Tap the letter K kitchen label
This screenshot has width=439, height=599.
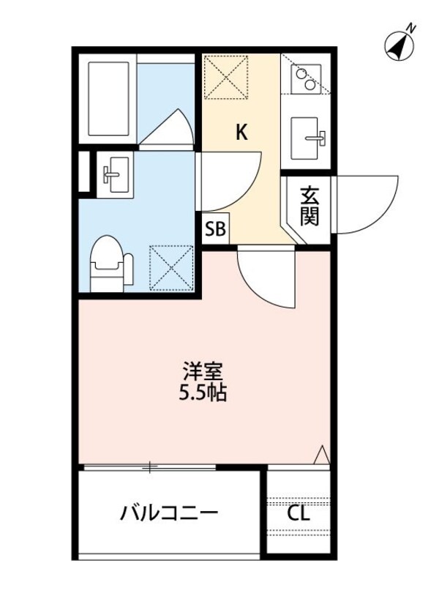[x=241, y=133]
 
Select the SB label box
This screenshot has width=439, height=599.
[x=215, y=229]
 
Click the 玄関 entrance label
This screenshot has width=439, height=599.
[x=309, y=207]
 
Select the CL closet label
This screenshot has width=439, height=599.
[x=298, y=513]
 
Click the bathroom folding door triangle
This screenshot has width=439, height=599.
[x=168, y=129]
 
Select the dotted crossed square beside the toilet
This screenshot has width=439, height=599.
[x=170, y=267]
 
